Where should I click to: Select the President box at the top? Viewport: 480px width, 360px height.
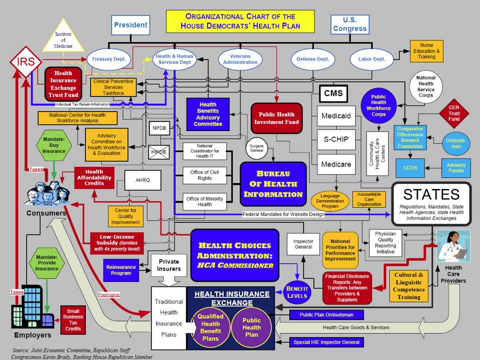click(x=130, y=25)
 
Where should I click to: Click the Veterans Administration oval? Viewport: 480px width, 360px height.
click(x=240, y=59)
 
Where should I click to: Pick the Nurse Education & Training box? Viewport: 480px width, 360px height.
click(x=426, y=51)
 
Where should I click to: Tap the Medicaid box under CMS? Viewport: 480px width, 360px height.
click(x=336, y=116)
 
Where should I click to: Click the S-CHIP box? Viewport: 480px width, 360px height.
click(x=336, y=140)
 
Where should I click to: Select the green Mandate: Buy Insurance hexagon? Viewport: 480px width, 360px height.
click(x=53, y=144)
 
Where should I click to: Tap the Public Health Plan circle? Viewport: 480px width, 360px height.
click(x=251, y=327)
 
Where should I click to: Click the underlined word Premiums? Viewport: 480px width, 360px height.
click(x=108, y=295)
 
